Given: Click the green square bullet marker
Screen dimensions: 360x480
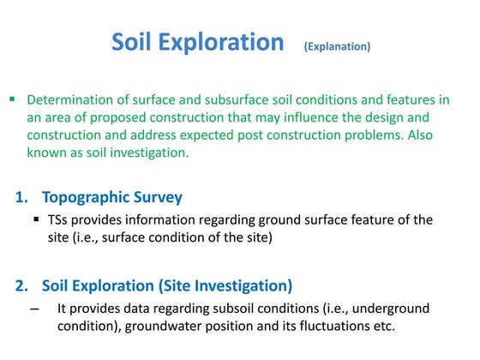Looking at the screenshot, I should point(12,99).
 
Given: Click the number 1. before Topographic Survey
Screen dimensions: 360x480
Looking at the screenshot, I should point(23,198).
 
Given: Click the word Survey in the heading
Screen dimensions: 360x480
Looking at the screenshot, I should point(156,198).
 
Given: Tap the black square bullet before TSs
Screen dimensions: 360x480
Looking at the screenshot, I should point(38,219).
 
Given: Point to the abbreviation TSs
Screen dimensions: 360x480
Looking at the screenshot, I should point(61,220).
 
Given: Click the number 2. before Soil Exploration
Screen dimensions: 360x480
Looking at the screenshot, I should point(23,285).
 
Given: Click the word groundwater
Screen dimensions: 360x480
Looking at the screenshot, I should point(189,327).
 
